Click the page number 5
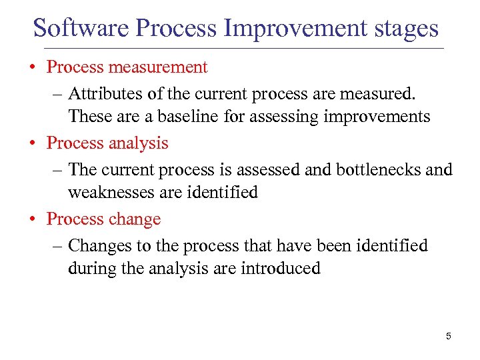[448, 337]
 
